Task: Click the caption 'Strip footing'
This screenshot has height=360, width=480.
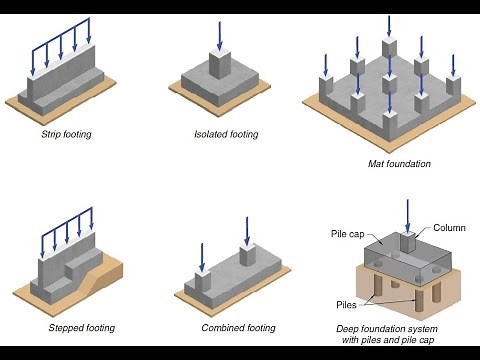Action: coord(65,134)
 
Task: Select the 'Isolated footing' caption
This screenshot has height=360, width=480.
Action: coord(226,134)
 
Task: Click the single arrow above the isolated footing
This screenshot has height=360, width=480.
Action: coord(217,35)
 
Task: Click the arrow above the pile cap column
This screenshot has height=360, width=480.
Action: coord(407,213)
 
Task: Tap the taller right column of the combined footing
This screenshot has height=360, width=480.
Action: coord(245,255)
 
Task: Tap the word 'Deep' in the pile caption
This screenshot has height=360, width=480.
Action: coord(350,328)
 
